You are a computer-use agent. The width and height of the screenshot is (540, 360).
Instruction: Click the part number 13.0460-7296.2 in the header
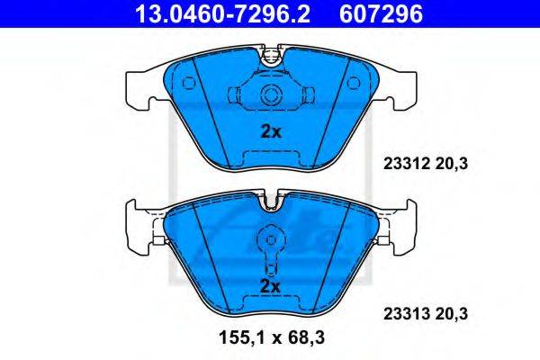click(223, 13)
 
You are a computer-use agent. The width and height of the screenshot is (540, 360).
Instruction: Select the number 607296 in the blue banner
click(381, 13)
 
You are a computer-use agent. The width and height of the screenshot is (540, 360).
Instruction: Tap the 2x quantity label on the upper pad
click(271, 132)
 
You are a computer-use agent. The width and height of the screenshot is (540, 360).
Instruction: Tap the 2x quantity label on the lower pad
click(270, 286)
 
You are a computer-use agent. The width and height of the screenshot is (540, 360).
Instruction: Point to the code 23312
click(407, 164)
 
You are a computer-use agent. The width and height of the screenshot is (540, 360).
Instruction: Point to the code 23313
click(407, 314)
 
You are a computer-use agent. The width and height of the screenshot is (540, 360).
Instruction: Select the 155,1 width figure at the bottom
click(242, 337)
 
